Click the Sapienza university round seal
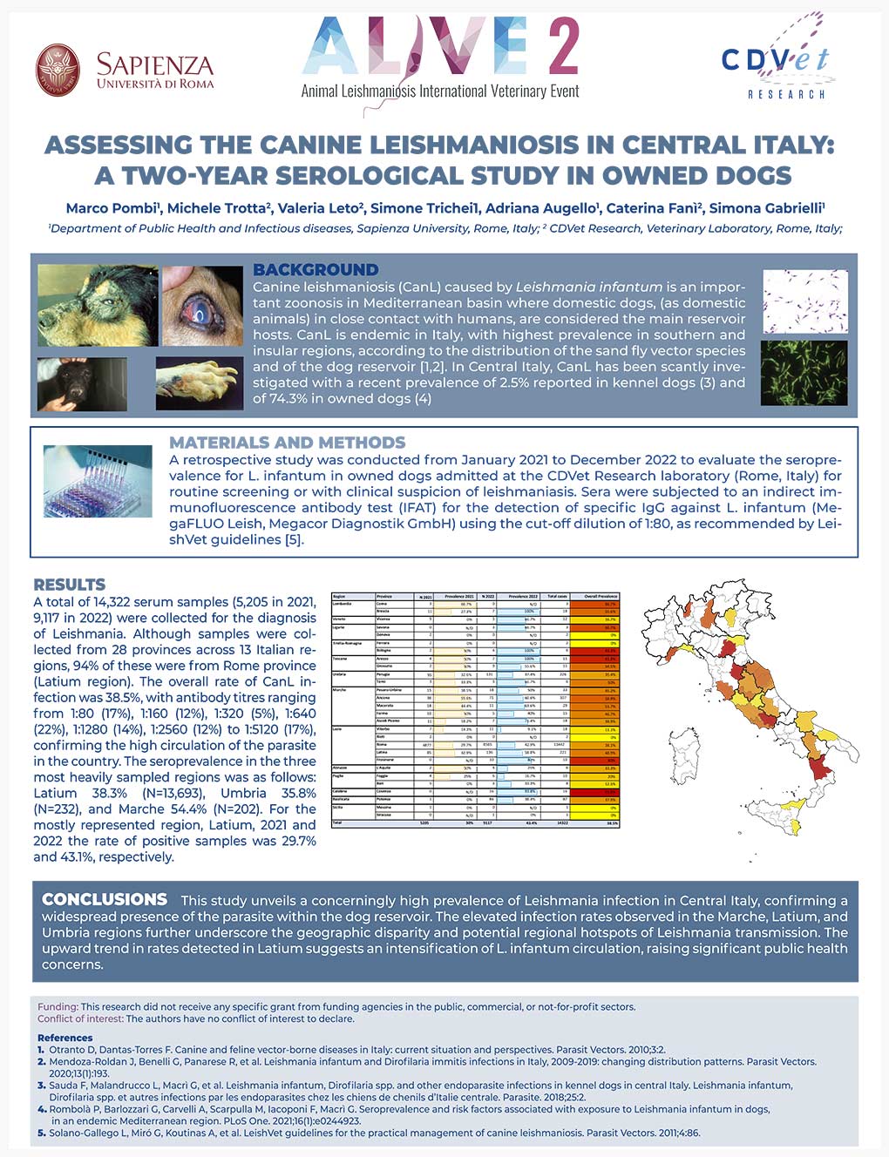[x=58, y=70]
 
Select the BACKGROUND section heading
[x=316, y=269]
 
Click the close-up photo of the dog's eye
[x=202, y=306]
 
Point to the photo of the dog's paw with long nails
[x=199, y=383]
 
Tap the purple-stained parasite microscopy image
[x=804, y=301]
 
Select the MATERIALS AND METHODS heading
[x=287, y=443]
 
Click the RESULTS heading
[x=69, y=585]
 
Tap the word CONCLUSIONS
[x=105, y=899]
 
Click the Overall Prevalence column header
[x=601, y=596]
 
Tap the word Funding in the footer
[x=58, y=1006]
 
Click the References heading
[x=64, y=1038]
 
